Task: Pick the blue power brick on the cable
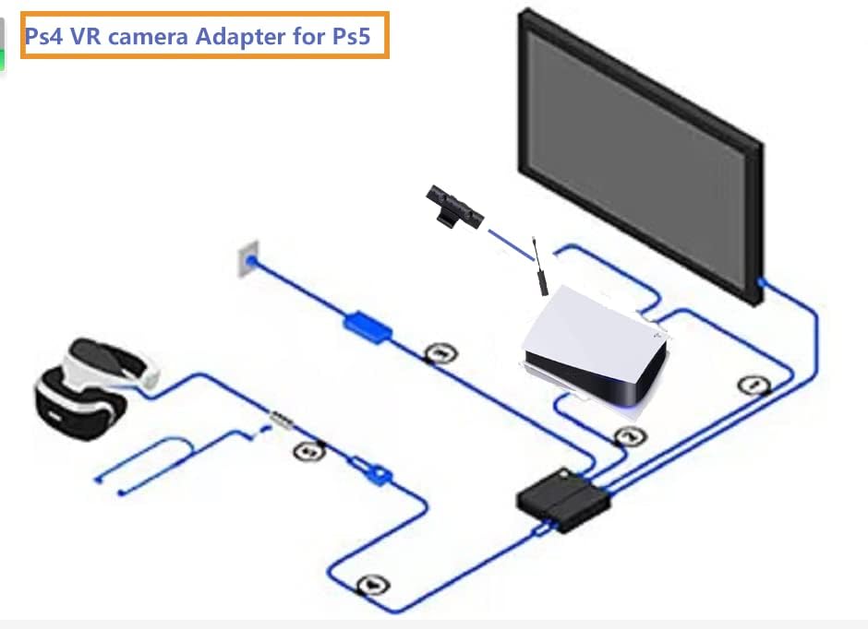pyautogui.click(x=368, y=326)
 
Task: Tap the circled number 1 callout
pyautogui.click(x=754, y=385)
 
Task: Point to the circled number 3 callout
pyautogui.click(x=438, y=352)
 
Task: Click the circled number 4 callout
pyautogui.click(x=372, y=584)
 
